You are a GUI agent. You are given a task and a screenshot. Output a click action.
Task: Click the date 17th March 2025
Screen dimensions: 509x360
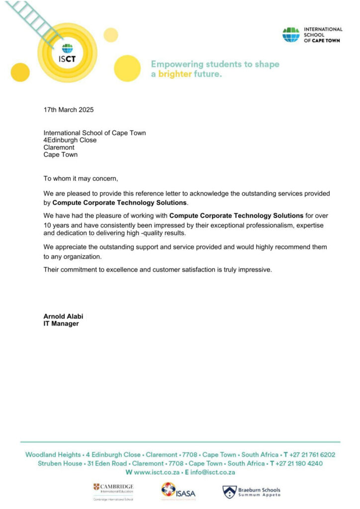point(69,110)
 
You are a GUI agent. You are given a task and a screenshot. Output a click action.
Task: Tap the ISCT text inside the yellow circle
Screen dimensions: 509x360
point(67,58)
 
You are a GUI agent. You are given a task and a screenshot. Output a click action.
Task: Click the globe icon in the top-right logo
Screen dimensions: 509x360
point(291,35)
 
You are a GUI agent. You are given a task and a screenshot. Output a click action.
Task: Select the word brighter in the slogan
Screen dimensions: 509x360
point(175,74)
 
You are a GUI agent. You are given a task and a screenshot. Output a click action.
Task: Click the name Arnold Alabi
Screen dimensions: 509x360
point(63,316)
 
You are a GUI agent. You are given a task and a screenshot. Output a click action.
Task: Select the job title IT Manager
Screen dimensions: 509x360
point(61,324)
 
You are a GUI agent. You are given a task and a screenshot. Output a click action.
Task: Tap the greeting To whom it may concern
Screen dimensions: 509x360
point(81,178)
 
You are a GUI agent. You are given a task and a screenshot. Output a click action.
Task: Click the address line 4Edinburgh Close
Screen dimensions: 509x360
point(70,140)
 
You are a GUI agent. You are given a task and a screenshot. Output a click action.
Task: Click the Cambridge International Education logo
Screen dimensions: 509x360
point(113,491)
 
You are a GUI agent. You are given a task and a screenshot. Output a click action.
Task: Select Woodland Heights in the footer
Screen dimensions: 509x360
point(53,454)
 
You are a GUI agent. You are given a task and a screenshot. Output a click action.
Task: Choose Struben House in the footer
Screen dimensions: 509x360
point(60,463)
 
